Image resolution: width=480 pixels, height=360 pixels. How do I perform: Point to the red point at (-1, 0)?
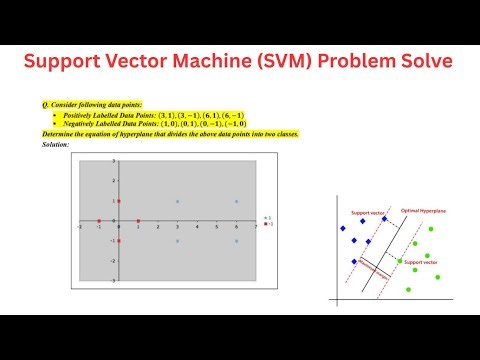pos(99,221)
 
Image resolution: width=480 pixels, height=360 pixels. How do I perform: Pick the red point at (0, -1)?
pos(118,241)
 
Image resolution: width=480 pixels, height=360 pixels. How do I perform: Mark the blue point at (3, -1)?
pos(177,241)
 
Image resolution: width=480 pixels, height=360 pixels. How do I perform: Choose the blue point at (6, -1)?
pos(236,241)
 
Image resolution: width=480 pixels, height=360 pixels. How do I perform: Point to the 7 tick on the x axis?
pos(255,226)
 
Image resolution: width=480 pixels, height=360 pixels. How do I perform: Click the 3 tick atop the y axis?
pos(114,161)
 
